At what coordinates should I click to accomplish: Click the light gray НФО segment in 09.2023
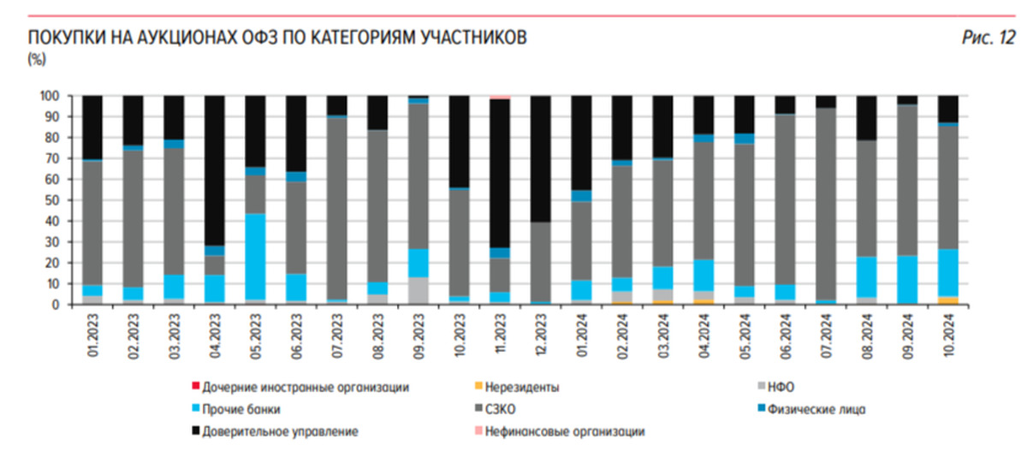pyautogui.click(x=419, y=290)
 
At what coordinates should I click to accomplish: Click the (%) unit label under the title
pyautogui.click(x=37, y=59)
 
